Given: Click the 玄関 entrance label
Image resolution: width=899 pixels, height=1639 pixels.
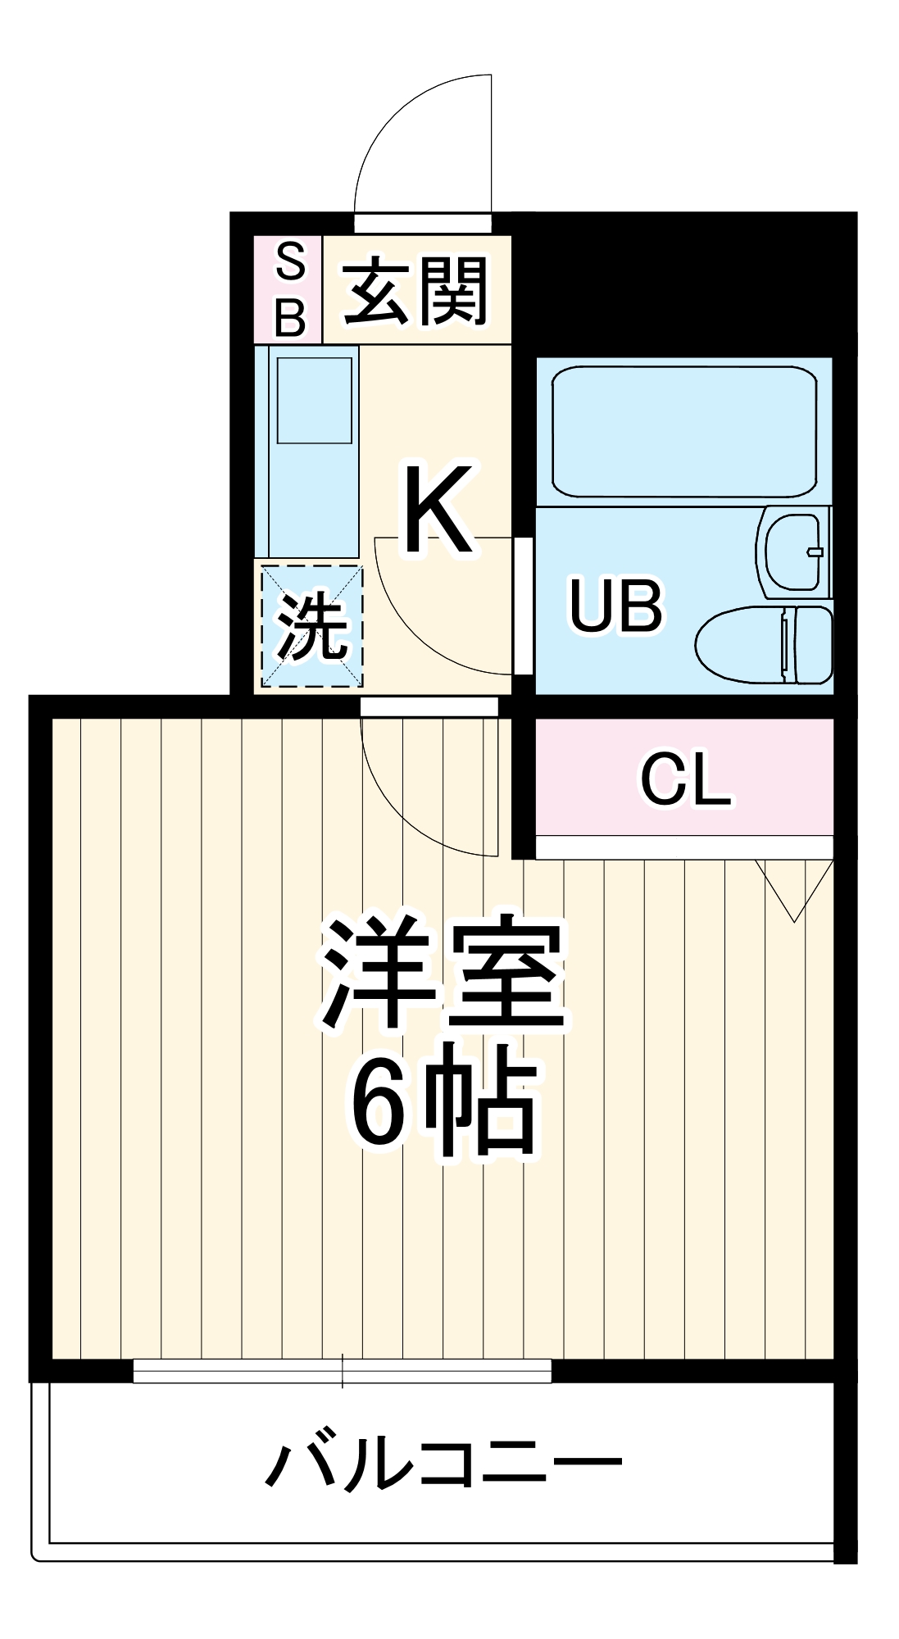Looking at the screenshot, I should [416, 291].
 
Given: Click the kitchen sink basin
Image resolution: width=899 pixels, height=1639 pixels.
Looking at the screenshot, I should [314, 401].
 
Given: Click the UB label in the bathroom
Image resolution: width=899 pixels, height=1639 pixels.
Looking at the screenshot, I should [615, 606].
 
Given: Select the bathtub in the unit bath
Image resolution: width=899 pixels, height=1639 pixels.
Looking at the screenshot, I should [684, 432].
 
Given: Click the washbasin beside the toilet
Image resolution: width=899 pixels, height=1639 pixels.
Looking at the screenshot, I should [793, 552].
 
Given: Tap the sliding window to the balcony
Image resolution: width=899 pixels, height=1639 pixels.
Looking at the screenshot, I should [342, 1370].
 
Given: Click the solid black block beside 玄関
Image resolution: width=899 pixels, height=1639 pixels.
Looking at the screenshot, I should [680, 283].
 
